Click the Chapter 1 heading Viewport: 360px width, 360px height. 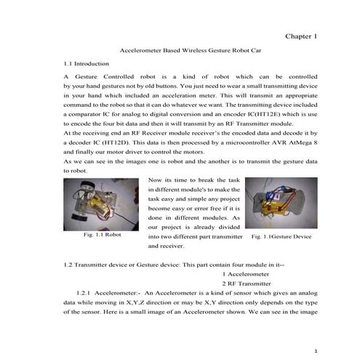(x=301, y=36)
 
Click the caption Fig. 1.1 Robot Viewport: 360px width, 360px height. (x=103, y=236)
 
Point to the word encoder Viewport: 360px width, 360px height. (x=247, y=115)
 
